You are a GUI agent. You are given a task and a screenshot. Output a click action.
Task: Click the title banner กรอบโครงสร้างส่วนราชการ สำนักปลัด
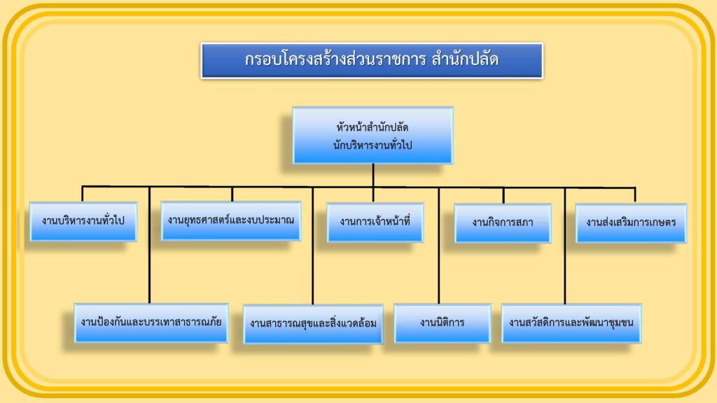click(x=372, y=61)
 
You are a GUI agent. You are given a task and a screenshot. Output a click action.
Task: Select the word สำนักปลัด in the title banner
click(x=465, y=59)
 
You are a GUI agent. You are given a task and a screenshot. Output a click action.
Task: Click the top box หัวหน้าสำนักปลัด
click(x=373, y=135)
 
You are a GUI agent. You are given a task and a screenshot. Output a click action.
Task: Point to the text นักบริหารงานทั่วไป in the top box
click(x=373, y=146)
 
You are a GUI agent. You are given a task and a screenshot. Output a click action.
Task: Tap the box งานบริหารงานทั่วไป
click(x=83, y=221)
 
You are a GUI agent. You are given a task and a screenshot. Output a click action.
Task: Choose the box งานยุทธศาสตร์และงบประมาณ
click(x=231, y=220)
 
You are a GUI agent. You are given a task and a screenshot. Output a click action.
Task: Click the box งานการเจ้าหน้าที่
click(x=375, y=222)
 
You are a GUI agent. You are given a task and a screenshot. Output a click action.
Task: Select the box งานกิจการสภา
click(x=503, y=223)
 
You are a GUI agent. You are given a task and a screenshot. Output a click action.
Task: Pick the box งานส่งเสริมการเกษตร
click(x=631, y=223)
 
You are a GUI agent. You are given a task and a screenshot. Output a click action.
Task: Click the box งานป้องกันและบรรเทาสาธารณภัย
click(x=151, y=323)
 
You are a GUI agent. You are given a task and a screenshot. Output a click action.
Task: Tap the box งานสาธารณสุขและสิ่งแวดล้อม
click(x=313, y=324)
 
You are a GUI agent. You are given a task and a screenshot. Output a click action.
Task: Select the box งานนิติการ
click(x=443, y=323)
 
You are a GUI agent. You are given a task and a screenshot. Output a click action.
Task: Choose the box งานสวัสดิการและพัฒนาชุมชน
click(x=571, y=323)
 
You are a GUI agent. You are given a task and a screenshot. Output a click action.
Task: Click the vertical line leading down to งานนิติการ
click(x=438, y=246)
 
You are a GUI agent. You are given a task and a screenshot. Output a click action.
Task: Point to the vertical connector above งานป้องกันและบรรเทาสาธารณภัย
click(x=150, y=245)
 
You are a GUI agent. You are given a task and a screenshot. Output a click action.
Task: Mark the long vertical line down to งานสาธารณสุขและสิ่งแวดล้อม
click(x=313, y=246)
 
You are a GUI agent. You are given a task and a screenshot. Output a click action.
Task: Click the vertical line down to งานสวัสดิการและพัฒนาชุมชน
click(x=565, y=246)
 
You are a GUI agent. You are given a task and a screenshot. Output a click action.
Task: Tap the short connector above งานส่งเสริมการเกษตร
click(x=634, y=196)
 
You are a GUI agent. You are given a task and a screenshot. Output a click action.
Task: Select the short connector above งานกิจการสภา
click(x=503, y=196)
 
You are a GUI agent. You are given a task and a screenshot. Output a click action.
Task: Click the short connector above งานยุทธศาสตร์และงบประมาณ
click(x=232, y=195)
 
